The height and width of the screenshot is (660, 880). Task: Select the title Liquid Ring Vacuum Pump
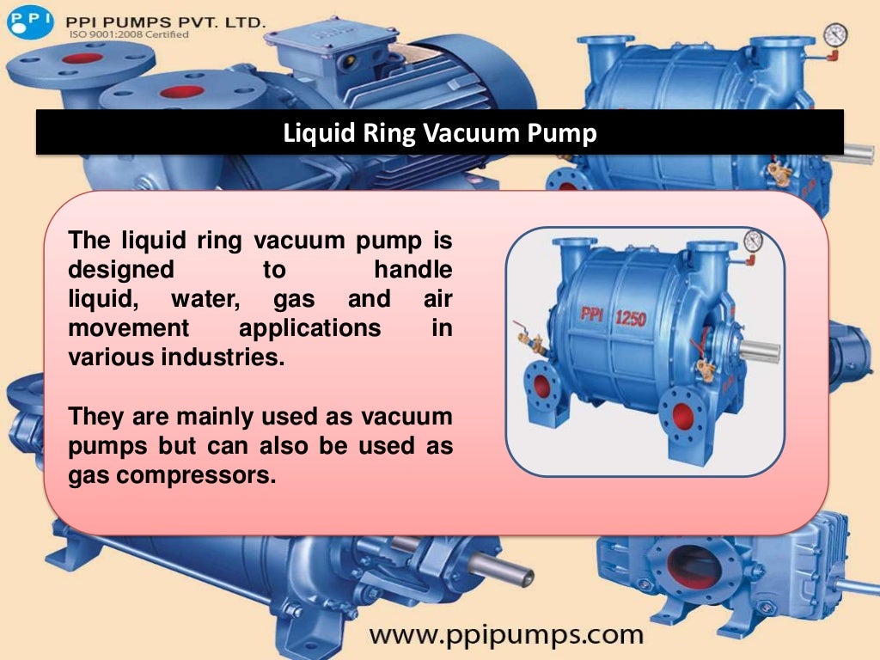click(x=440, y=134)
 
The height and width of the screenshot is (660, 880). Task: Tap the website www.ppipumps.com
click(x=506, y=635)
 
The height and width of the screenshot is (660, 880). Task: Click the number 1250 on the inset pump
click(x=630, y=318)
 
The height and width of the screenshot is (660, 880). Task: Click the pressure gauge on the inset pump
click(x=754, y=241)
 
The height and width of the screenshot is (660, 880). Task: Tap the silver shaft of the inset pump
click(x=760, y=351)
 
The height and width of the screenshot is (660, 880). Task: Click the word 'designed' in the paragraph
click(x=120, y=270)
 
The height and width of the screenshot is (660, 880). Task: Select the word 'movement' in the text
click(x=128, y=328)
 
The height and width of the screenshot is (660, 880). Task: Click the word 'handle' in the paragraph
click(x=412, y=270)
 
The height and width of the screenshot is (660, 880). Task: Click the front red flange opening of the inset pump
click(x=683, y=417)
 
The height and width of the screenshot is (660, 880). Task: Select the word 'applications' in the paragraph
click(x=309, y=328)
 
